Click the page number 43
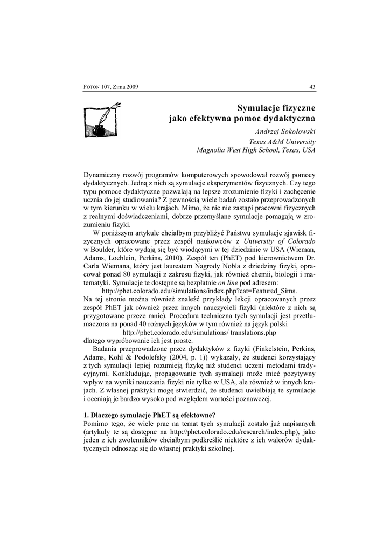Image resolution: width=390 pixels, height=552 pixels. [312, 87]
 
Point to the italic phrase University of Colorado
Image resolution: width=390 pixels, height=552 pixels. [280, 241]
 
